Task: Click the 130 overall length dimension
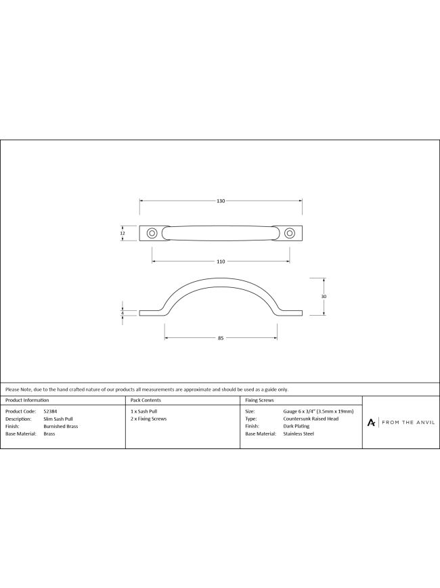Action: (x=221, y=201)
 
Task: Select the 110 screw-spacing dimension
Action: (x=221, y=261)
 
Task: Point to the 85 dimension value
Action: (x=221, y=338)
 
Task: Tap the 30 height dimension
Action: (x=324, y=296)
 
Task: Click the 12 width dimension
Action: (x=122, y=233)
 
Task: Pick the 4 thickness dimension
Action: (x=122, y=313)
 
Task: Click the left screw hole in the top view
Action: (x=152, y=233)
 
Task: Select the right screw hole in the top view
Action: (x=289, y=233)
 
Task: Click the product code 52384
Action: (x=50, y=411)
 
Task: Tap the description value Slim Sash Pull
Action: (x=58, y=419)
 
